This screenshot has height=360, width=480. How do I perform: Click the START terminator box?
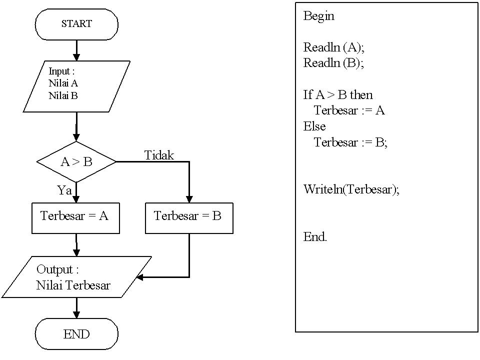pyautogui.click(x=76, y=24)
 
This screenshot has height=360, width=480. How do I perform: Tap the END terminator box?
pyautogui.click(x=76, y=334)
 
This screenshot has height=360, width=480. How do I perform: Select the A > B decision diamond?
pyautogui.click(x=76, y=162)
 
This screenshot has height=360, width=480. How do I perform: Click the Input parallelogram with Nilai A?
pyautogui.click(x=76, y=86)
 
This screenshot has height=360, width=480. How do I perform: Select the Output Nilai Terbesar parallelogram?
pyautogui.click(x=76, y=277)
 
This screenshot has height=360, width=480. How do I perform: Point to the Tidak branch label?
pyautogui.click(x=159, y=155)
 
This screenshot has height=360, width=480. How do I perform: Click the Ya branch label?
pyautogui.click(x=64, y=190)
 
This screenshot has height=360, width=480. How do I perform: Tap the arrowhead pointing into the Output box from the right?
pyautogui.click(x=140, y=277)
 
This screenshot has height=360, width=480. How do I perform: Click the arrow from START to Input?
pyautogui.click(x=76, y=50)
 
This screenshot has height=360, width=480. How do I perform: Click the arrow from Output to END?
pyautogui.click(x=76, y=308)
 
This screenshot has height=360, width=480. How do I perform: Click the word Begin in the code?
pyautogui.click(x=318, y=16)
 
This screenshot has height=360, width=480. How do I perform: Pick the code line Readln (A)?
pyautogui.click(x=334, y=47)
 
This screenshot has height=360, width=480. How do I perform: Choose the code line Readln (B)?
pyautogui.click(x=333, y=63)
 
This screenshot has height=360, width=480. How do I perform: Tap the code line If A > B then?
pyautogui.click(x=338, y=94)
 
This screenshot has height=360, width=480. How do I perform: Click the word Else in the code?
pyautogui.click(x=314, y=126)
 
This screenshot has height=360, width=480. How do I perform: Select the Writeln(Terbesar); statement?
pyautogui.click(x=351, y=189)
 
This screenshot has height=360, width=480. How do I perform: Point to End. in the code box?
pyautogui.click(x=315, y=237)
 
